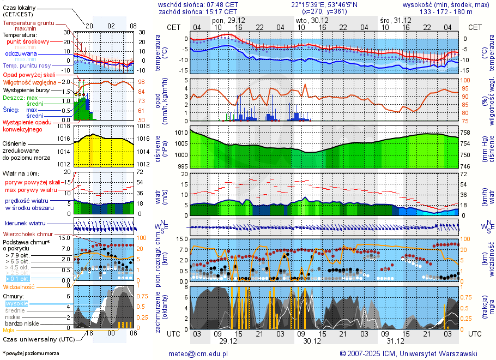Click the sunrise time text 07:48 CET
[224, 4]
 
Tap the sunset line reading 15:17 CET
[223, 11]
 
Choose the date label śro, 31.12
[396, 20]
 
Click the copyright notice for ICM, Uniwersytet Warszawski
[408, 353]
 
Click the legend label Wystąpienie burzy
[25, 89]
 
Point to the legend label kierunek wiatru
[25, 224]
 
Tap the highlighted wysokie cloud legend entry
[17, 303]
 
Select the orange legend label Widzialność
[19, 286]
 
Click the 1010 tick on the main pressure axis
[181, 133]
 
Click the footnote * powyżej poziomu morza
[31, 353]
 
